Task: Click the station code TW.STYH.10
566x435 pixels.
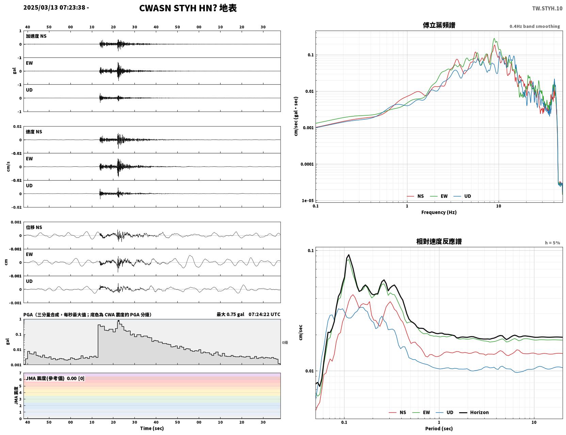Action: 547,8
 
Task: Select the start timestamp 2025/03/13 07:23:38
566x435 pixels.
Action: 54,7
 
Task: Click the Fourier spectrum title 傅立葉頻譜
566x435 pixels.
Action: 439,25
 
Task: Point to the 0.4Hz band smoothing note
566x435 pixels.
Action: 534,26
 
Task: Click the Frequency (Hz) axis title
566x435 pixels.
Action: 439,212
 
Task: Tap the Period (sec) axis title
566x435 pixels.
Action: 439,429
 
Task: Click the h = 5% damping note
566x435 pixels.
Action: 552,243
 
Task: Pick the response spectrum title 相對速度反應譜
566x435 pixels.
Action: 439,241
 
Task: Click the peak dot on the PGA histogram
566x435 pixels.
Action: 118,321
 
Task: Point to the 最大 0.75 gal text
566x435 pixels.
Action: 230,314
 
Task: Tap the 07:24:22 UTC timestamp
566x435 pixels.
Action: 264,314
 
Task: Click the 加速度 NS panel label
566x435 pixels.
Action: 36,36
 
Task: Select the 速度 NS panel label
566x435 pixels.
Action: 34,132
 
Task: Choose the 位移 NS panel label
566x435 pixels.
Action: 34,227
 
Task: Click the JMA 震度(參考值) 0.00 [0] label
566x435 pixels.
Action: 55,378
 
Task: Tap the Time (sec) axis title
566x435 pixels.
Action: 152,428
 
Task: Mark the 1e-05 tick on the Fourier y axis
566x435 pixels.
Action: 308,201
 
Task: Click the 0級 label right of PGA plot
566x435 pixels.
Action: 285,342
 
